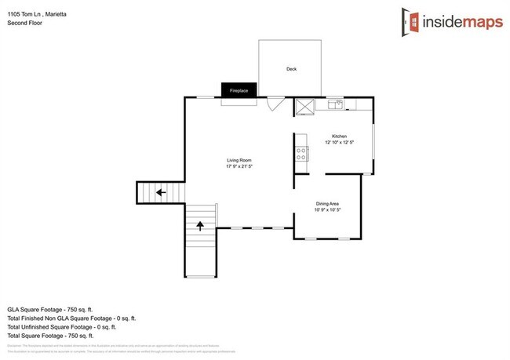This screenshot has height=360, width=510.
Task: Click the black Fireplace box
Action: [239, 91]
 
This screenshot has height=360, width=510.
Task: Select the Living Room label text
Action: [239, 159]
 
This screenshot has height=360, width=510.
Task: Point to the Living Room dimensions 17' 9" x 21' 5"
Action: [239, 166]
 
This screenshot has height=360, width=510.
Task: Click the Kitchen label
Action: [339, 136]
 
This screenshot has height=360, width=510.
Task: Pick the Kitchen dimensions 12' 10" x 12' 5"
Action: [339, 143]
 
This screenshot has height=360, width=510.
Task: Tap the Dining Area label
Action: [327, 202]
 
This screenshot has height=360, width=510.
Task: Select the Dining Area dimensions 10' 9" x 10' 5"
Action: [327, 209]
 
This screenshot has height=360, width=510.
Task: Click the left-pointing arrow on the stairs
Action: [160, 192]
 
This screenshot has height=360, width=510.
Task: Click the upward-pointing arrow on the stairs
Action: [199, 227]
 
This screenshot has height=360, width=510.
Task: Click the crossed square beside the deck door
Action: [304, 107]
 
